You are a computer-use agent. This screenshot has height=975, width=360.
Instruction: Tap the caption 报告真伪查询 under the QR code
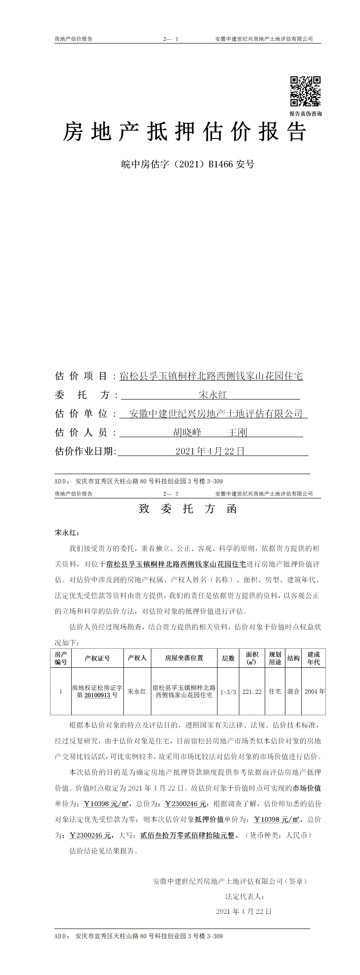[x=306, y=114]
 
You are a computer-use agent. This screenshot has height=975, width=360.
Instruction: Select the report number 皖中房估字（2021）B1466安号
[x=188, y=164]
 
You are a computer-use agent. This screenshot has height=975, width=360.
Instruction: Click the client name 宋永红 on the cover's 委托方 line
[x=213, y=395]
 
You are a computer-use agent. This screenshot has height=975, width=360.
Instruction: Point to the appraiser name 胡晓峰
[x=187, y=432]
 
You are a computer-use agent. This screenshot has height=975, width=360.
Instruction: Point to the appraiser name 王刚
[x=237, y=432]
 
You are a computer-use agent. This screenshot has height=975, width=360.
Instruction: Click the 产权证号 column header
[x=97, y=658]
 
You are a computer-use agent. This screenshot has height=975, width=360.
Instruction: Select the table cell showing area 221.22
[x=252, y=692]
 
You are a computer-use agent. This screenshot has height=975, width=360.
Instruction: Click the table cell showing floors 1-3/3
[x=228, y=692]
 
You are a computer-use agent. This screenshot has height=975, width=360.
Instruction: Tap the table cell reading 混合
[x=293, y=692]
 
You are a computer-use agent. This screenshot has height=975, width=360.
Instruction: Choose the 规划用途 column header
[x=275, y=658]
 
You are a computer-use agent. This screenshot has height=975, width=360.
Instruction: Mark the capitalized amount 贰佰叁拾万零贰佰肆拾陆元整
[x=187, y=835]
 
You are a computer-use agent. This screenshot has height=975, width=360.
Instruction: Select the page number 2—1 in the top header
[x=171, y=39]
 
